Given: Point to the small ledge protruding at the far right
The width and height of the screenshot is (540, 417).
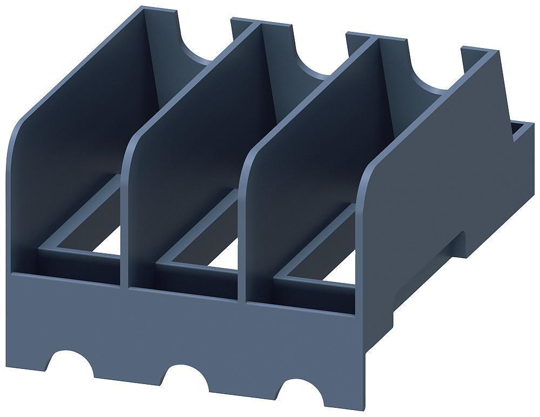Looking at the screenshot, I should pyautogui.click(x=521, y=132).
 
